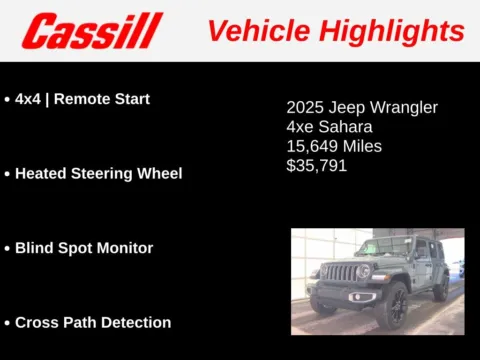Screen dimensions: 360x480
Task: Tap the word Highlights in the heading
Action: click(397, 30)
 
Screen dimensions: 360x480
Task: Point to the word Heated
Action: click(41, 173)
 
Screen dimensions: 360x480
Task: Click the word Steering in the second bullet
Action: click(104, 173)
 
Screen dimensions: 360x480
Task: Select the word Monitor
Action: click(125, 248)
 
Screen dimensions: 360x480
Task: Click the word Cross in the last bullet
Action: click(38, 322)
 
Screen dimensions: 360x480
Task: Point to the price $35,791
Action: click(317, 165)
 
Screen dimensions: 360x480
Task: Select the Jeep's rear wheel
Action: click(440, 288)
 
